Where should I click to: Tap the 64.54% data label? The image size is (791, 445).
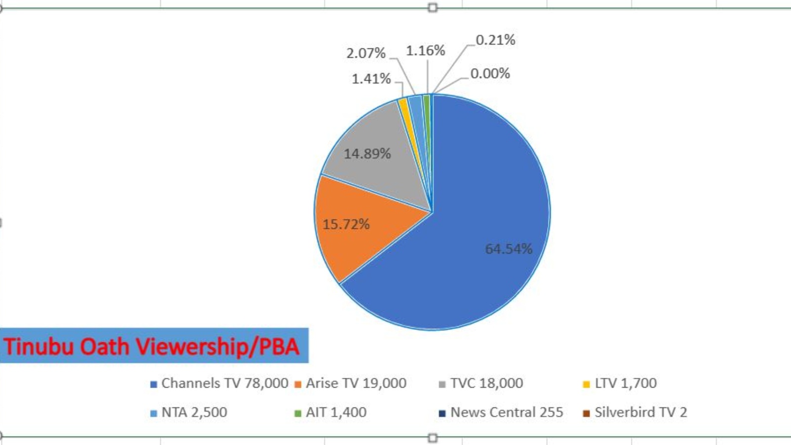(508, 249)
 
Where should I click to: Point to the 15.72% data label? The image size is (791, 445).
(346, 224)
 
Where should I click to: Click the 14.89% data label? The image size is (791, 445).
(367, 154)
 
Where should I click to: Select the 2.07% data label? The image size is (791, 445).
(366, 53)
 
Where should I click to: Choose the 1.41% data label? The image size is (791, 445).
(371, 79)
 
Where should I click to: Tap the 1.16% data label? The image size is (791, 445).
(425, 50)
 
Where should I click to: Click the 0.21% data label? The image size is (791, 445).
(495, 40)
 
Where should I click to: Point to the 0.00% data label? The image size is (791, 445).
(490, 74)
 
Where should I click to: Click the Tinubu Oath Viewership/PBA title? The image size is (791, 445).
(152, 346)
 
